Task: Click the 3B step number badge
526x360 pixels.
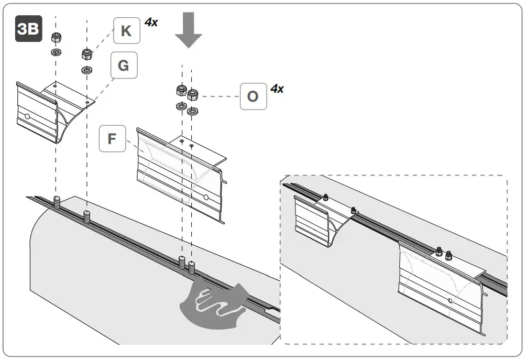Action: pos(28,29)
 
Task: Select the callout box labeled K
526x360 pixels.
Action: pos(126,30)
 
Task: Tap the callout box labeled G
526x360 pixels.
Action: pos(124,66)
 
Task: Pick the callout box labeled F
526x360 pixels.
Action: pos(112,139)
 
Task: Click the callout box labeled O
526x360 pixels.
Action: pos(253,96)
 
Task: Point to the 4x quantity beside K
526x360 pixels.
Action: pos(151,22)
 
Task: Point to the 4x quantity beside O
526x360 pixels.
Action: pos(277,89)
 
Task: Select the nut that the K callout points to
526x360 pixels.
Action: pos(87,54)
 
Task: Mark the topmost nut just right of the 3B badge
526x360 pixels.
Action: pos(56,38)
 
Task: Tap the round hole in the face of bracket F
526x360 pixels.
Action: pos(205,198)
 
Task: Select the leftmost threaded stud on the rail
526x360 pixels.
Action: pos(56,201)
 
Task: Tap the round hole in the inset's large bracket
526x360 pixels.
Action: pos(450,301)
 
